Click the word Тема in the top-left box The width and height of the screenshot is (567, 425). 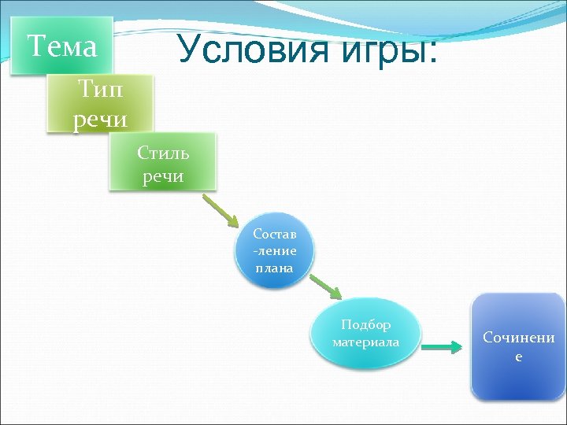(x=62, y=46)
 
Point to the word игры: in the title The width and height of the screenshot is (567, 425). (x=392, y=51)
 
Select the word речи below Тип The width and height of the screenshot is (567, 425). (x=100, y=120)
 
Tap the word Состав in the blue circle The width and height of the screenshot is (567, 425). (x=274, y=234)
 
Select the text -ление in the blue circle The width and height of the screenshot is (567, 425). (x=274, y=250)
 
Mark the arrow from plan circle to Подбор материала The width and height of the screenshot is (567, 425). (x=324, y=287)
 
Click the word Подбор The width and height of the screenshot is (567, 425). (x=365, y=324)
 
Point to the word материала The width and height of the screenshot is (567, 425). (x=365, y=342)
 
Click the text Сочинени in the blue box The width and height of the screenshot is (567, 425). (x=518, y=338)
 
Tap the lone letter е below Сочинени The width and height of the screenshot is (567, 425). (x=518, y=357)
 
